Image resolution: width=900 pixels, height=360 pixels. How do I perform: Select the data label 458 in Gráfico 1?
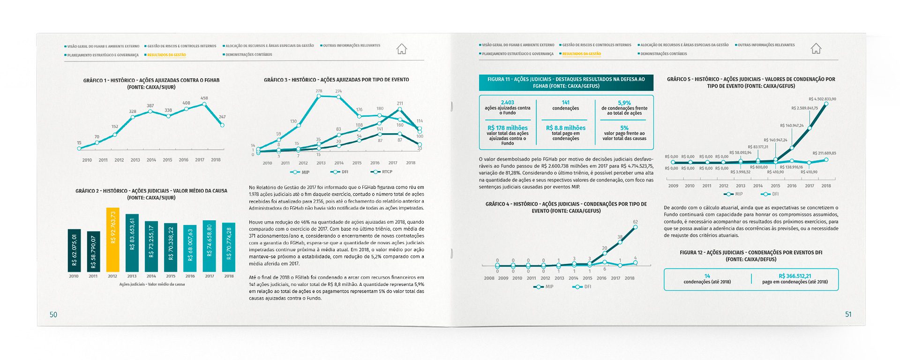point(204,98)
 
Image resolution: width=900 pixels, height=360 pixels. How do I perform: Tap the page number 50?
point(53,315)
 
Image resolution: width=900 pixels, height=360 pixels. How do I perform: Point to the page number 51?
point(848,314)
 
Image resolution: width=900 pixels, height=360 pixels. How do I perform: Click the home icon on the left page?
point(402,49)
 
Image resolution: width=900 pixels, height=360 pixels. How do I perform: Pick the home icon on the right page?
point(816,48)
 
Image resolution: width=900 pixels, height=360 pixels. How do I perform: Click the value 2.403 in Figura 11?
point(507,103)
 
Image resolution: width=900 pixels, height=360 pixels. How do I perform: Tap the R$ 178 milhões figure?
point(507,128)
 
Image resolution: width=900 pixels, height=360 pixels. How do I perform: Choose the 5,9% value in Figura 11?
point(624,103)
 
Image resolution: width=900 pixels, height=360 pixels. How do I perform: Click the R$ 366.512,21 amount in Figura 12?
point(795,276)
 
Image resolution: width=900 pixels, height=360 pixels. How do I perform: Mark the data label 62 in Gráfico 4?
point(635,222)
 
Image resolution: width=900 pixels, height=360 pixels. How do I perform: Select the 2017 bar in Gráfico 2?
point(209,246)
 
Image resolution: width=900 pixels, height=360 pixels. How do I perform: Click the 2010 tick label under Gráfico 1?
point(87,160)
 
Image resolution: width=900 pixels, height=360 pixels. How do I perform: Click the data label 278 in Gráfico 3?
point(319,91)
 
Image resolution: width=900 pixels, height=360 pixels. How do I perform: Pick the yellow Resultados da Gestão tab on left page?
point(166,55)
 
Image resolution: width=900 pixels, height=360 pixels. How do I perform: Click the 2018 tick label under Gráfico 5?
point(826,186)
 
